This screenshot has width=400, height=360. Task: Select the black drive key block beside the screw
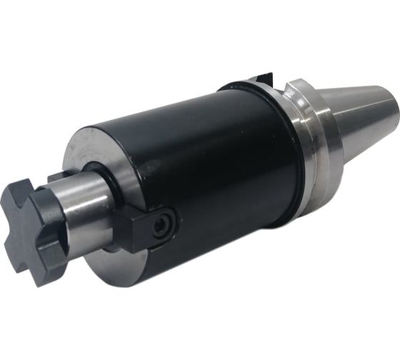coord(140,229)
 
